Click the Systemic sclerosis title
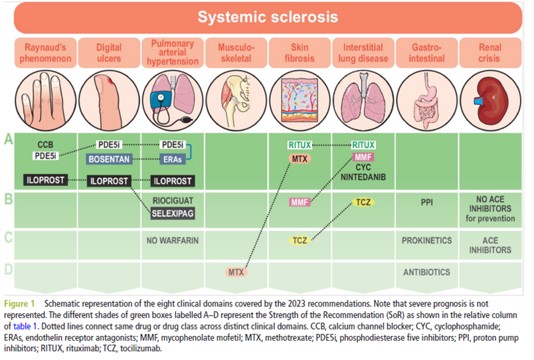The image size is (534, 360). coord(268,17)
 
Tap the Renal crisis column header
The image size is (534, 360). coord(490,52)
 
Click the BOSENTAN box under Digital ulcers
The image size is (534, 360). coord(109,159)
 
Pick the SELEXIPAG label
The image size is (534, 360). coord(173,214)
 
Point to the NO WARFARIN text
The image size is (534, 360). coord(173,240)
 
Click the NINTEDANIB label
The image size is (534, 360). coord(363,177)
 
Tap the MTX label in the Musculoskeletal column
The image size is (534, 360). coord(236,272)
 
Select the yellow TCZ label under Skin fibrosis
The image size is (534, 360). coord(300,240)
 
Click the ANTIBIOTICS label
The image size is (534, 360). coord(426,272)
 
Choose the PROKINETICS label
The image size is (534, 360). coord(426,240)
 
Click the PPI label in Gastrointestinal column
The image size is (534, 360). coord(426,203)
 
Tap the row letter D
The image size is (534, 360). coord(9,270)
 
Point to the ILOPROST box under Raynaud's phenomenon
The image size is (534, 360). coord(45,180)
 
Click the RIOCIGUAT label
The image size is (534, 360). coord(173,201)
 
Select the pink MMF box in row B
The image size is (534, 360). coord(300,203)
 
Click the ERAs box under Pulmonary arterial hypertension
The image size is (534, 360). coord(173,159)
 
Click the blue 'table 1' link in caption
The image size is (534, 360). coord(25,326)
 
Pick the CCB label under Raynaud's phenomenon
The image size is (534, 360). coord(45,145)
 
